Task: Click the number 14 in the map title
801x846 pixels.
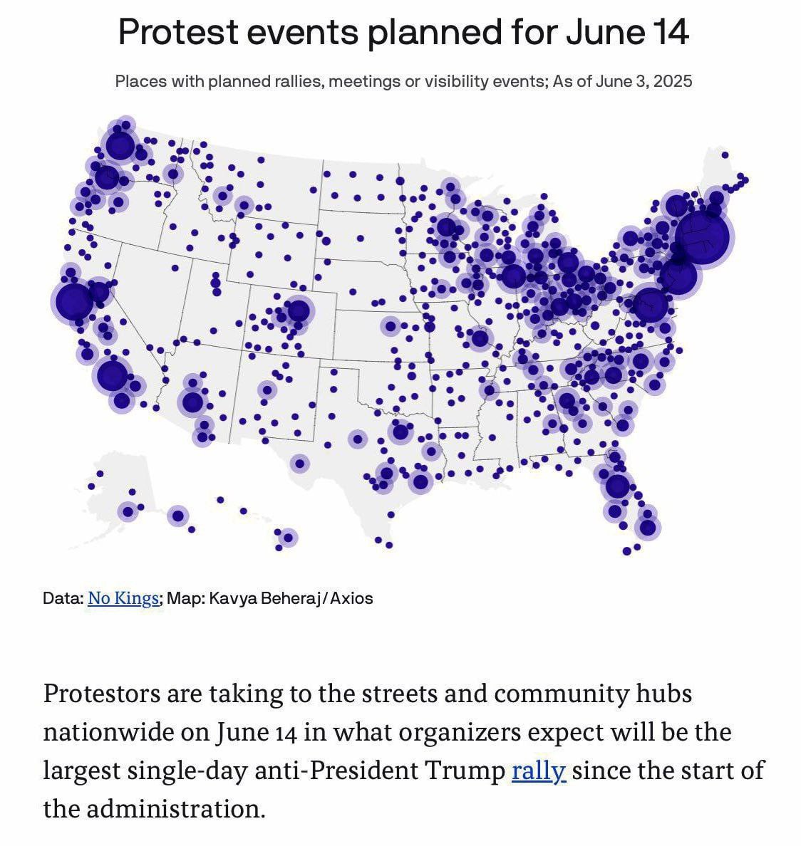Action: pos(670,32)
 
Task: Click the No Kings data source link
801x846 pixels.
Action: pos(123,598)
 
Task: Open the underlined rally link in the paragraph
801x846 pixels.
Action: pos(538,771)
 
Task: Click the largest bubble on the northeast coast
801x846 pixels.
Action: pos(701,236)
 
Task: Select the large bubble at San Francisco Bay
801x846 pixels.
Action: pos(73,301)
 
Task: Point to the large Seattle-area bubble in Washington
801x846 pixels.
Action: pos(120,147)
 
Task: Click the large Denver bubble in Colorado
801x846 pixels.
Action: pos(298,310)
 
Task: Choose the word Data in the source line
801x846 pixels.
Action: pos(61,598)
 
